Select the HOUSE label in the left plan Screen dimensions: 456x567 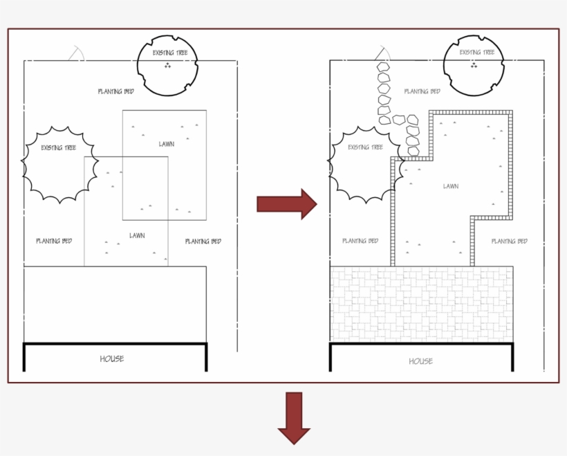pos(112,358)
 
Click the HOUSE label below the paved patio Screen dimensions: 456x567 pos(420,361)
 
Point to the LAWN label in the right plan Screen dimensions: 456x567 pos(451,186)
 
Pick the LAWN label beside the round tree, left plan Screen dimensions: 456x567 pos(166,144)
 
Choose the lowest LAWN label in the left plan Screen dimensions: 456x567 pos(137,236)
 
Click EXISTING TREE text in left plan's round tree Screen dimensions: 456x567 pos(169,53)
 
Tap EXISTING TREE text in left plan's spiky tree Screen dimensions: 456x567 pos(58,147)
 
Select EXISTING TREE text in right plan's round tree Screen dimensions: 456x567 pos(477,53)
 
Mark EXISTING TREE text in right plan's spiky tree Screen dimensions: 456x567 pos(365,147)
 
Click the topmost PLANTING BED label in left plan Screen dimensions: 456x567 pos(115,91)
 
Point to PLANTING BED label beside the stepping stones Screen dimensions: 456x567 pos(422,91)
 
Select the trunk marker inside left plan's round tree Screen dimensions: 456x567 pos(167,66)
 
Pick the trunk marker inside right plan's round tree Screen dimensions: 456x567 pos(474,66)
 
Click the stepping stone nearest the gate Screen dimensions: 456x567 pos(382,68)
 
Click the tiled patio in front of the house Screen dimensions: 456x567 pos(421,304)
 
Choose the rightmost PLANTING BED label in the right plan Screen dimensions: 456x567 pos(509,241)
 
